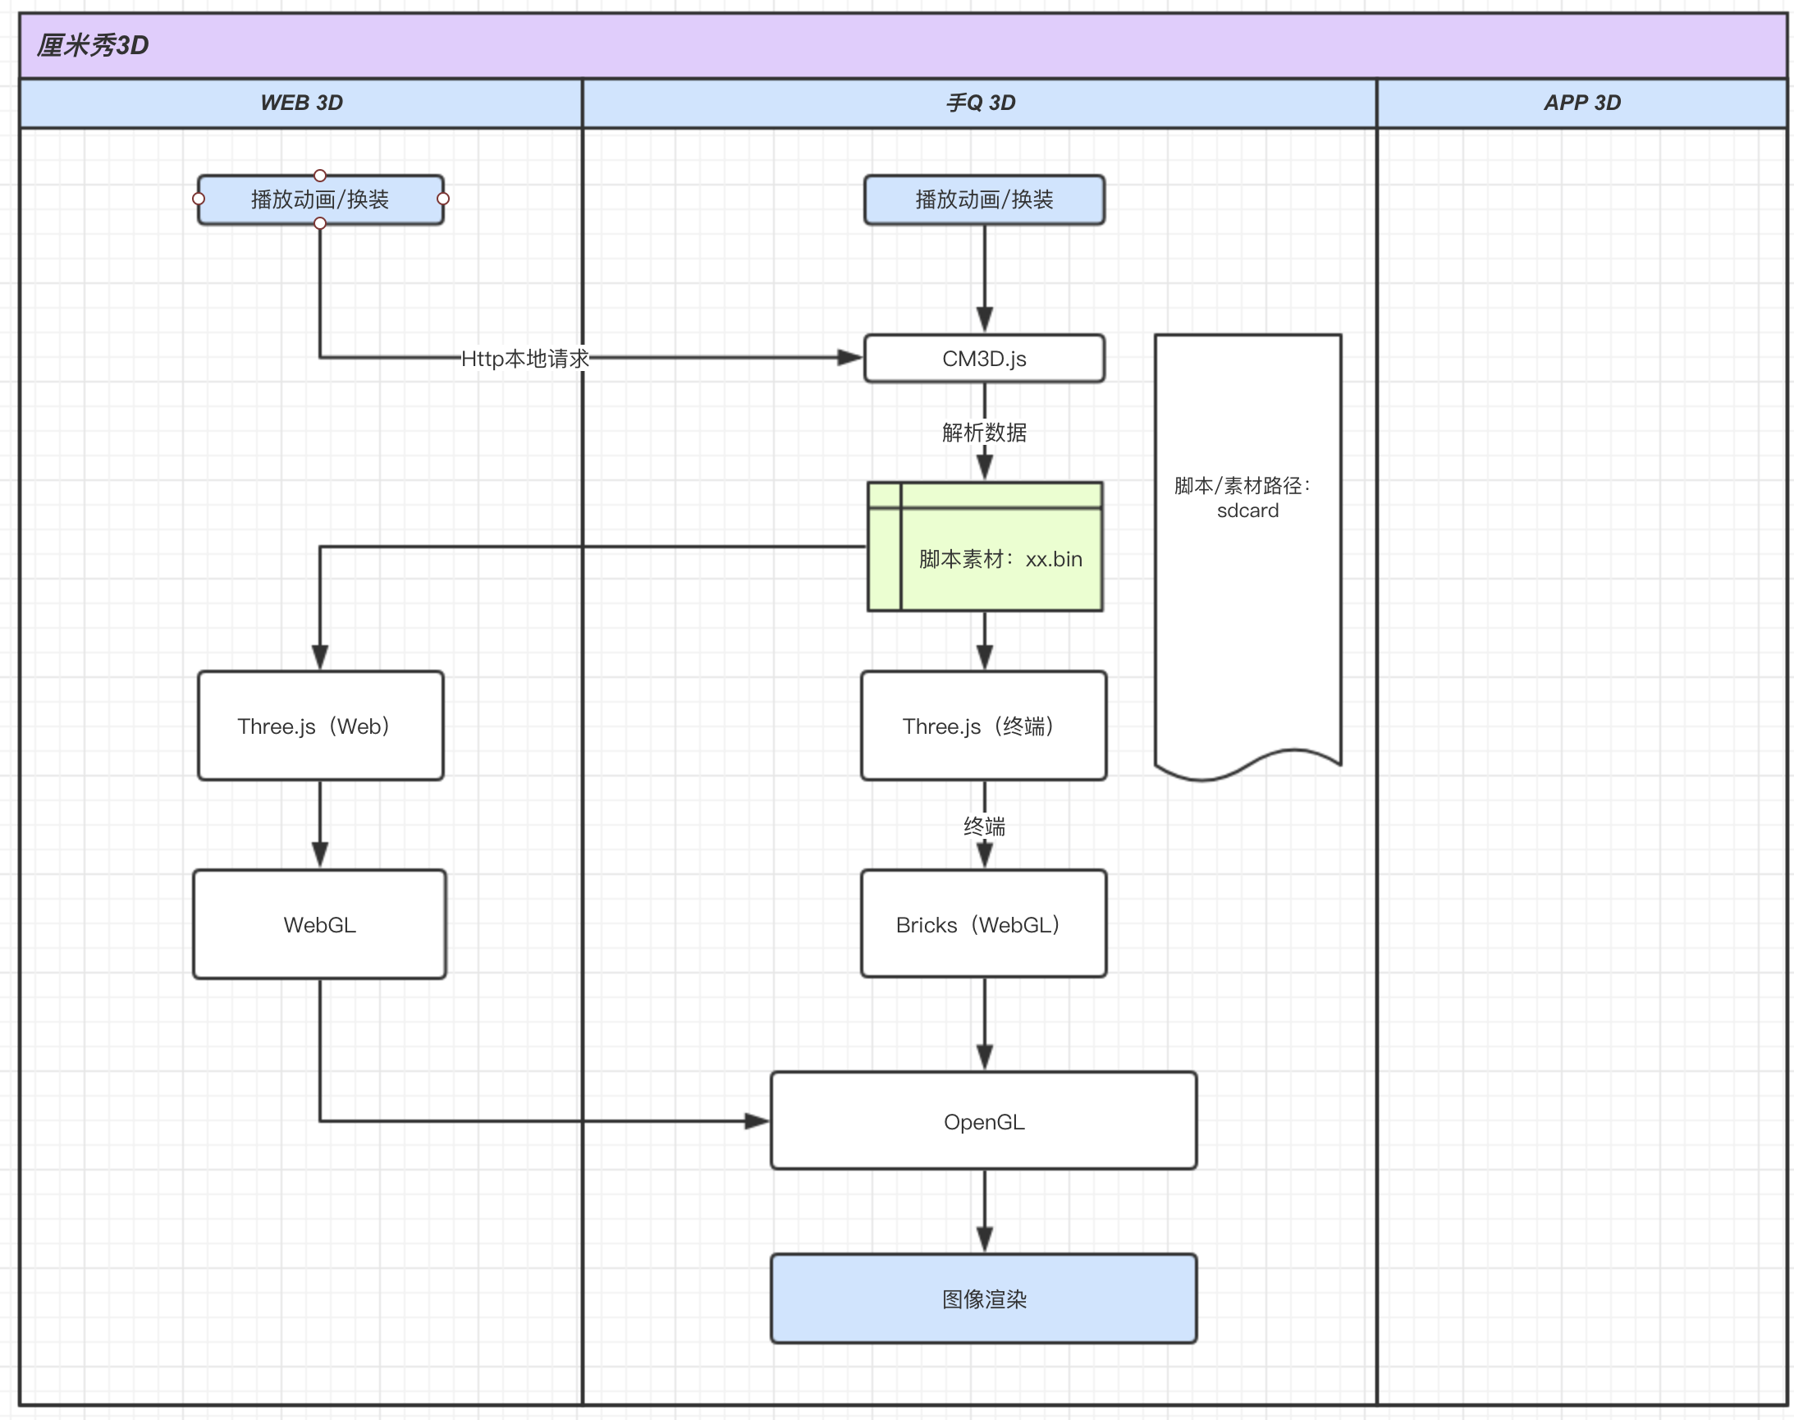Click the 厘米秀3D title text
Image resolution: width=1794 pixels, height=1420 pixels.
(92, 45)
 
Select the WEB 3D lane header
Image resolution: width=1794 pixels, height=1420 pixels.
(301, 103)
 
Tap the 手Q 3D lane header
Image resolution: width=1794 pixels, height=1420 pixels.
(979, 103)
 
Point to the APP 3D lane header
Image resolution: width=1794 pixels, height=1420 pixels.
(1582, 103)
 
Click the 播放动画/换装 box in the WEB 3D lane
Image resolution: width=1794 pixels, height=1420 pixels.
(320, 199)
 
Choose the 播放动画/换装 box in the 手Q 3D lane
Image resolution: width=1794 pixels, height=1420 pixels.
(984, 199)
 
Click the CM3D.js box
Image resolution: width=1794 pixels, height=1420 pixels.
(984, 359)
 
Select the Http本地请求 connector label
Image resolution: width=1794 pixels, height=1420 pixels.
(525, 359)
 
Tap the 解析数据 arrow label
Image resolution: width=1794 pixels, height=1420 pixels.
(984, 433)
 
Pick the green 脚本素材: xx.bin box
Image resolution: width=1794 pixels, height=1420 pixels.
(985, 546)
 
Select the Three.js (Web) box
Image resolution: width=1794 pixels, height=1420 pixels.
(320, 726)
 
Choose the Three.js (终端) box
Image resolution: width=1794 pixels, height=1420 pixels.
(984, 726)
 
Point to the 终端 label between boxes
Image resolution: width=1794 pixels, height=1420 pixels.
(984, 827)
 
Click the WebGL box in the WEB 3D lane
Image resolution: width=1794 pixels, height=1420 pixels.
(320, 924)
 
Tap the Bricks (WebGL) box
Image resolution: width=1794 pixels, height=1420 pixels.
(984, 923)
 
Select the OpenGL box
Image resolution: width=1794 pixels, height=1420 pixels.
(984, 1120)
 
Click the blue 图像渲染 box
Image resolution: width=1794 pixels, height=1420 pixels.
(984, 1299)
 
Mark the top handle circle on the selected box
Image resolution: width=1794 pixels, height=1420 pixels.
(320, 176)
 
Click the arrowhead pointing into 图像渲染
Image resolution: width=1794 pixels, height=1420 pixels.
(984, 1240)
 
